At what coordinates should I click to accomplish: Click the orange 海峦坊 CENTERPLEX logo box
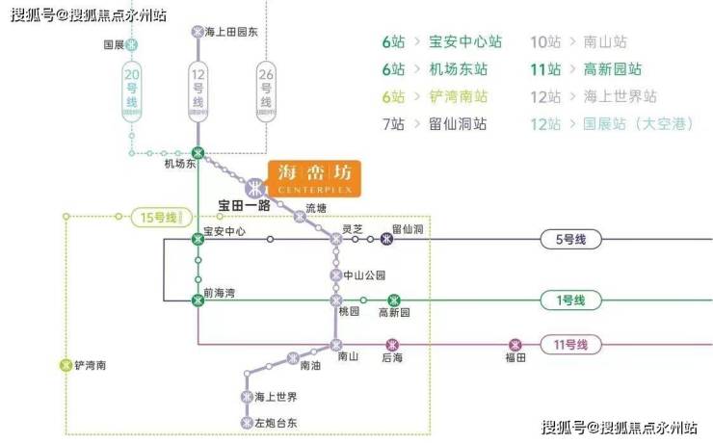pyautogui.click(x=314, y=178)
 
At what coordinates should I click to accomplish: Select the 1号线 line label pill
pyautogui.click(x=570, y=300)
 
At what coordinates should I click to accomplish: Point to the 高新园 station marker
pyautogui.click(x=393, y=300)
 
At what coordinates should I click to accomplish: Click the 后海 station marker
pyautogui.click(x=391, y=344)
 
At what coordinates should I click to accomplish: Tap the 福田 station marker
pyautogui.click(x=515, y=344)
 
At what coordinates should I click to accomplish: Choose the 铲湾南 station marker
pyautogui.click(x=66, y=365)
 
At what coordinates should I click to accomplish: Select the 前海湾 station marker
pyautogui.click(x=198, y=300)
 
